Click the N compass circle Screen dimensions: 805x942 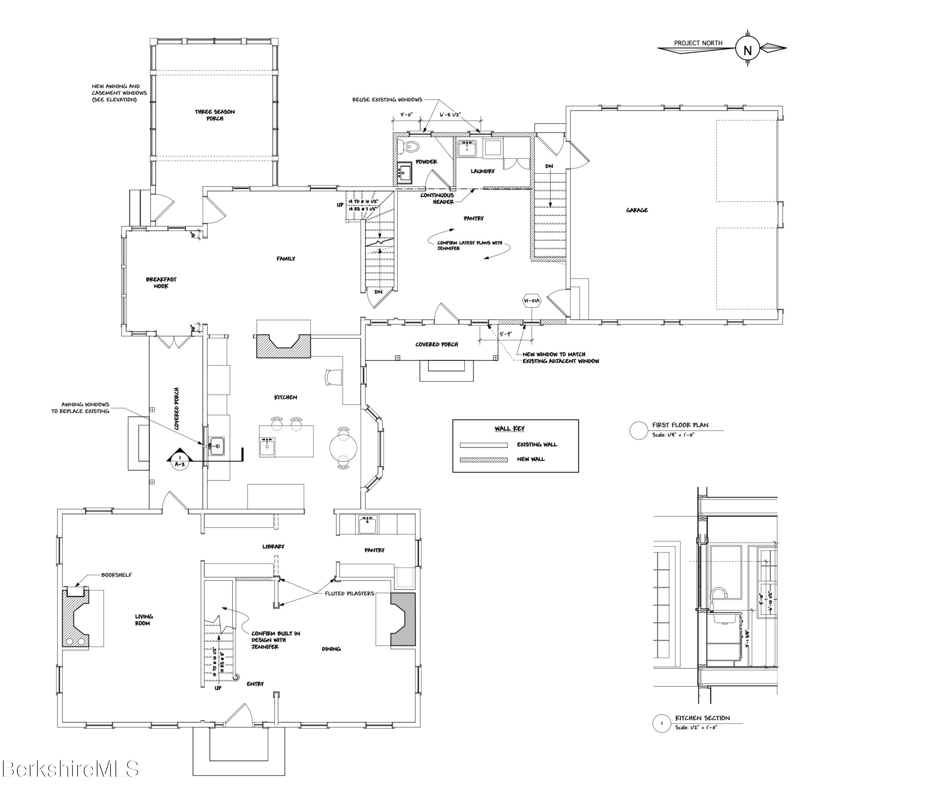pos(748,50)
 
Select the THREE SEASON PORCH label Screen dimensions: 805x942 pos(215,115)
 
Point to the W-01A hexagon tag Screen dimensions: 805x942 pos(531,301)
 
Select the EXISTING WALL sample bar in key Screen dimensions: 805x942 pos(483,445)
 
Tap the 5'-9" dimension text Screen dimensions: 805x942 pos(506,334)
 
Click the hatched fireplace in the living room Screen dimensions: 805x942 pos(74,618)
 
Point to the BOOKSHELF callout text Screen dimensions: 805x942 pos(117,575)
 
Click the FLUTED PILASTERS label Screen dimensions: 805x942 pos(349,593)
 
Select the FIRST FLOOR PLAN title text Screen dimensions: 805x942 pos(680,425)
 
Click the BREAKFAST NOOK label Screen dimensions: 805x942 pos(161,283)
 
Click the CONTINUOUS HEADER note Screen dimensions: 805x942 pos(437,199)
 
